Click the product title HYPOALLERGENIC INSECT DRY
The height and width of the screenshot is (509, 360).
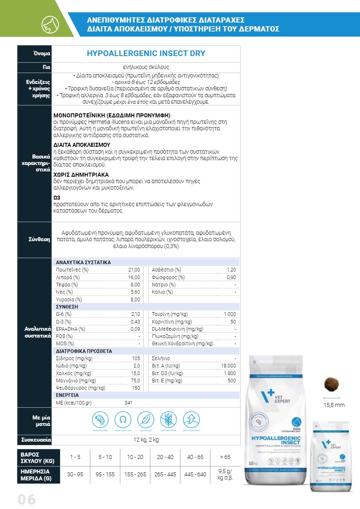pos(146,54)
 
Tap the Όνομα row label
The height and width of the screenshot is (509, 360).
pos(42,54)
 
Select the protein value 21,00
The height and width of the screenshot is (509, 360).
pos(134,270)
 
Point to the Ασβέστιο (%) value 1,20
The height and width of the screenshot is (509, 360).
pos(231,270)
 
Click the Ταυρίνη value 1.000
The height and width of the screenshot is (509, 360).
pos(230,314)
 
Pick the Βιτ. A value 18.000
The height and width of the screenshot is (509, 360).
pos(228,366)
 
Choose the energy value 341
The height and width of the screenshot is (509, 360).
pos(129,403)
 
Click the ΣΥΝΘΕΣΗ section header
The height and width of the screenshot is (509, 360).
pos(67,307)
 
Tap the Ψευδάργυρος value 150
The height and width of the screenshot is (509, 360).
pos(136,388)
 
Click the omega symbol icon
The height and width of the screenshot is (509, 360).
pos(123,419)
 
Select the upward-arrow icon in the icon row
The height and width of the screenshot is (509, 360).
pos(191,419)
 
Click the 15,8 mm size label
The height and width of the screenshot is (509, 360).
pos(335,405)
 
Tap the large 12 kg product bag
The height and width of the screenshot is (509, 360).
pos(276,419)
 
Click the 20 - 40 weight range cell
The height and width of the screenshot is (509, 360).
pos(165,457)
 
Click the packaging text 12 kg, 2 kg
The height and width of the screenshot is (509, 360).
pos(146,440)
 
